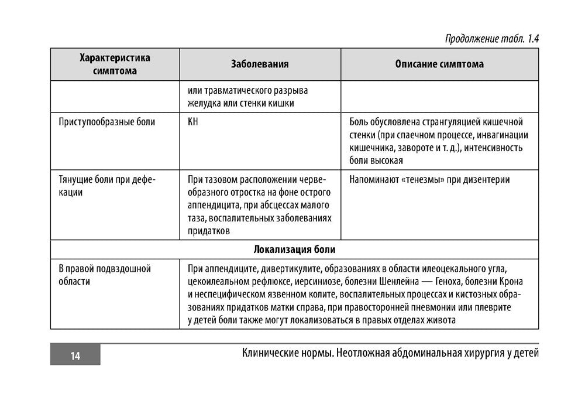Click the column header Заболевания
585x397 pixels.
[260, 64]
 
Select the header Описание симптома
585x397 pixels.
[439, 64]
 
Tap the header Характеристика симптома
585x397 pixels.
[115, 64]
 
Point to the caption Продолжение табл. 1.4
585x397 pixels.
[491, 39]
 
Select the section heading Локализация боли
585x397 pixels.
[294, 249]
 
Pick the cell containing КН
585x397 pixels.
[193, 122]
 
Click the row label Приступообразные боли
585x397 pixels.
[107, 122]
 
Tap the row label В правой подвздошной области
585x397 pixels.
[105, 275]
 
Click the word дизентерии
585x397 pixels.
[485, 180]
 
